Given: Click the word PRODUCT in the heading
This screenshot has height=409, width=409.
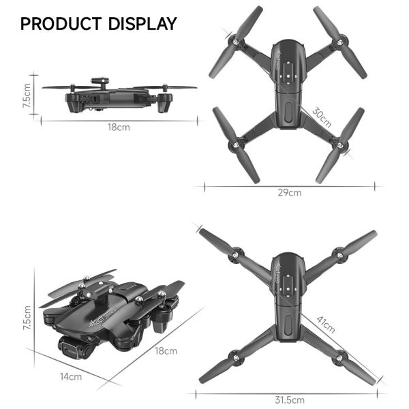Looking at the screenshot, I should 61,24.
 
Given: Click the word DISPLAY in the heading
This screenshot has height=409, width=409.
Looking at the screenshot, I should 141,24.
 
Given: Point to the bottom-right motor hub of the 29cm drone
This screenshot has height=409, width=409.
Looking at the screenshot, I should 336,145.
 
